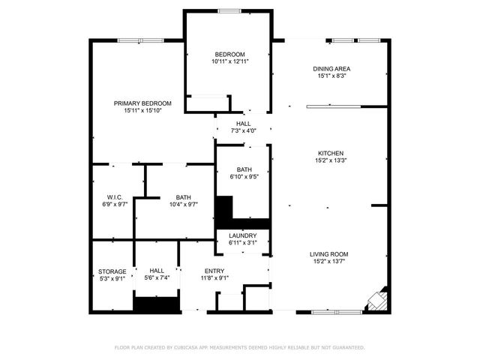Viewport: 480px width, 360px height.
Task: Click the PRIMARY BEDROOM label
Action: (x=142, y=103)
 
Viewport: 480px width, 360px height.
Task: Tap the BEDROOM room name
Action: (x=229, y=54)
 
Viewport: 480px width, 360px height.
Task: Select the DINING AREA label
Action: (x=331, y=69)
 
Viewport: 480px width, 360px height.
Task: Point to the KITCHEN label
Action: (x=331, y=152)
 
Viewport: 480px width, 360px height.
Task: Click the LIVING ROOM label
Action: (x=331, y=254)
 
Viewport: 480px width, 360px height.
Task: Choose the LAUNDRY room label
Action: (x=243, y=235)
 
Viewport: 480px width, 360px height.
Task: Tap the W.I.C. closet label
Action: (x=115, y=197)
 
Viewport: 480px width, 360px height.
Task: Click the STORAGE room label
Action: (x=112, y=271)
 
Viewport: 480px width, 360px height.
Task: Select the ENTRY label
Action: (x=214, y=271)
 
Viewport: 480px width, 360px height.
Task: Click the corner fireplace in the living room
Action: (x=376, y=299)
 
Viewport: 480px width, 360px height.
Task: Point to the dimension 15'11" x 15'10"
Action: (x=142, y=110)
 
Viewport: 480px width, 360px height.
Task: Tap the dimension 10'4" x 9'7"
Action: (x=183, y=205)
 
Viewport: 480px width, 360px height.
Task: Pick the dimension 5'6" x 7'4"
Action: (x=157, y=278)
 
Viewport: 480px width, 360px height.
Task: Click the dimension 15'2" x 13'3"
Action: (x=331, y=160)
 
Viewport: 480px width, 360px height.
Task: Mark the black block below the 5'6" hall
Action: (x=156, y=304)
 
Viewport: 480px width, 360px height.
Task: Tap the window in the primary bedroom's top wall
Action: (x=139, y=40)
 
